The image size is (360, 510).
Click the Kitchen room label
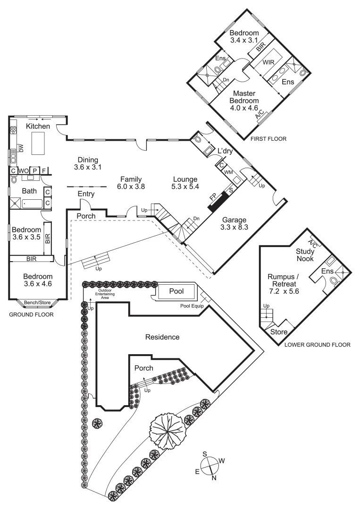pos(38,126)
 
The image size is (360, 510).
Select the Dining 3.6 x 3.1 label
pos(88,163)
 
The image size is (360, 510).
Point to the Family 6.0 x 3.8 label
pos(132,182)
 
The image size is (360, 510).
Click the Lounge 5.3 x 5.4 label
pos(185,182)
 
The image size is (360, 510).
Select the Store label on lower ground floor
pos(279,332)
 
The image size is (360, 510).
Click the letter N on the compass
pos(214,478)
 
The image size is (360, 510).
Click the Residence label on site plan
pos(162,337)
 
